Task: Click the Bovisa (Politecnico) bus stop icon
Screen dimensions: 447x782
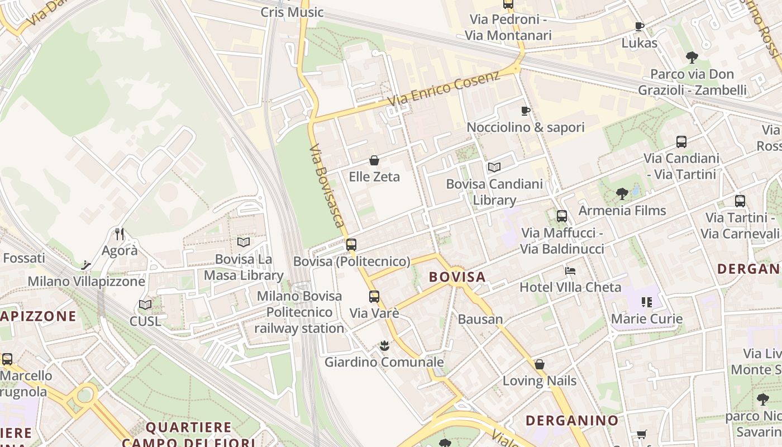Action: pos(351,244)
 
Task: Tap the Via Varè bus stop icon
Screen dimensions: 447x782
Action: pos(374,297)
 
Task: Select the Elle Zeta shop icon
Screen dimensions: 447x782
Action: pos(374,161)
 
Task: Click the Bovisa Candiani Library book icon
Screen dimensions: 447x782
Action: pos(494,167)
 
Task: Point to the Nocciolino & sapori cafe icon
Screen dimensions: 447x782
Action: pos(526,111)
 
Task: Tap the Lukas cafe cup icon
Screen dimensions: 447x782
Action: pos(640,26)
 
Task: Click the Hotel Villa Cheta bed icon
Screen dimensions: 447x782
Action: pos(570,271)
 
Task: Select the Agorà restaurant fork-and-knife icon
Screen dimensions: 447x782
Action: pos(119,234)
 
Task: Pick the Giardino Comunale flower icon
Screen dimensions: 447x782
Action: pos(384,346)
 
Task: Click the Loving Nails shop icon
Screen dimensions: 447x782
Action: pos(540,365)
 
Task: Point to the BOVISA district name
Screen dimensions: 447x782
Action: pos(457,277)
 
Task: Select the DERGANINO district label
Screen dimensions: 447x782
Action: pos(572,420)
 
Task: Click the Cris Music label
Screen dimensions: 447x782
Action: pos(292,12)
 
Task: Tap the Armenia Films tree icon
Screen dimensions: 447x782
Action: pos(622,194)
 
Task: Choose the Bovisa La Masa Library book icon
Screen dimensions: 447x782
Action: pos(244,242)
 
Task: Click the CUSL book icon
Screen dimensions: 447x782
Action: pos(145,305)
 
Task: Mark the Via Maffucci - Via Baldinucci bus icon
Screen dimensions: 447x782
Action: pos(562,216)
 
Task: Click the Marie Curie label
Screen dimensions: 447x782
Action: pos(647,319)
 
